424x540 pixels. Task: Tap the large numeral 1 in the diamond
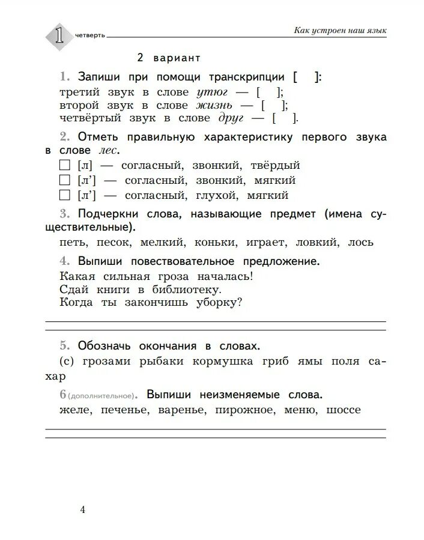[x=58, y=34]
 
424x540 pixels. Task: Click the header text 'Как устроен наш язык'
[x=340, y=30]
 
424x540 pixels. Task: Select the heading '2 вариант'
[x=168, y=58]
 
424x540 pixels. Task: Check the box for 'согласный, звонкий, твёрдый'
[x=65, y=165]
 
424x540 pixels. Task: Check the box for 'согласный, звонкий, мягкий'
[x=65, y=180]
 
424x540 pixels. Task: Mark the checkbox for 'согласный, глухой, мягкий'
[x=65, y=195]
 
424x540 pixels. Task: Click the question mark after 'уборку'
[x=240, y=302]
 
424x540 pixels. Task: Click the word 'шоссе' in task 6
[x=343, y=410]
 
